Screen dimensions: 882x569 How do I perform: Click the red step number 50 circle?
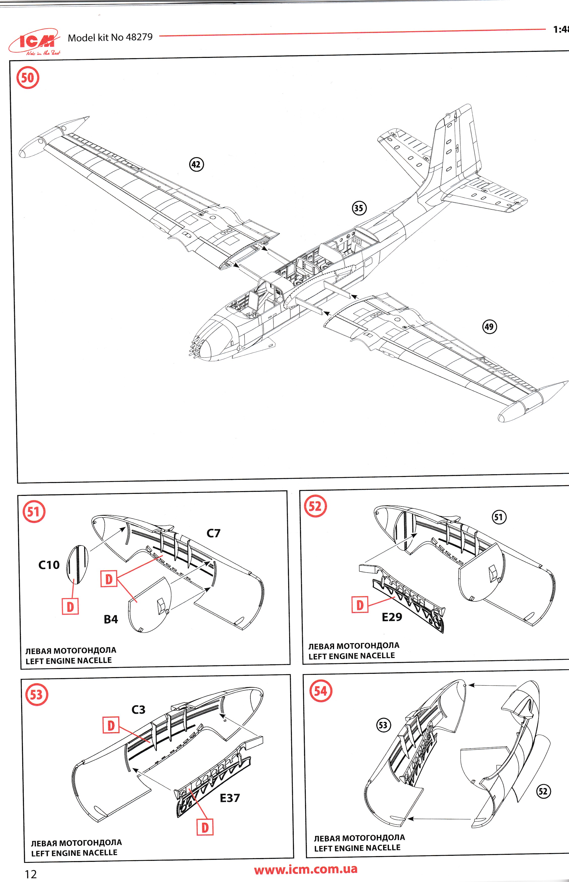click(28, 78)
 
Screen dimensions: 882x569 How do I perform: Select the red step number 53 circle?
click(36, 694)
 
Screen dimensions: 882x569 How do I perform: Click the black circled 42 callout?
click(196, 164)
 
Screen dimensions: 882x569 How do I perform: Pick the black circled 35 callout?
click(359, 208)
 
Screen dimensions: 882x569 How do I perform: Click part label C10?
click(49, 565)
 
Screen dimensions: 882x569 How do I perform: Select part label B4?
click(111, 619)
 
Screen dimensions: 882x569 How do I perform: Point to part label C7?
click(213, 533)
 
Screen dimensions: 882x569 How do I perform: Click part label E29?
click(392, 617)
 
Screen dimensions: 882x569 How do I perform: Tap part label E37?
click(229, 798)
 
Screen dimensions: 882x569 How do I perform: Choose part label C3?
click(138, 710)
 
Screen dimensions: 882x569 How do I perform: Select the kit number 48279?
click(139, 37)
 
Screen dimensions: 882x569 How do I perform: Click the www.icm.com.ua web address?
click(306, 869)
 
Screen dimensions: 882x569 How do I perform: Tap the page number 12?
click(31, 874)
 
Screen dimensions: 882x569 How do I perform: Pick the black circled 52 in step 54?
click(543, 791)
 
